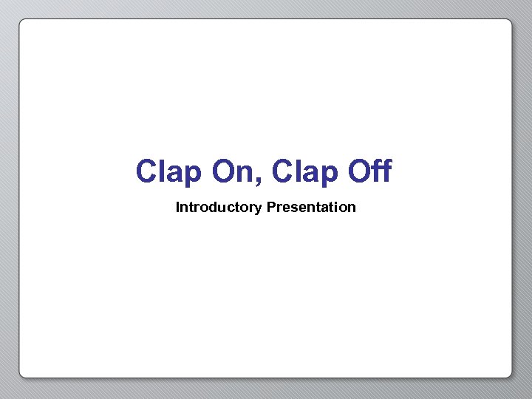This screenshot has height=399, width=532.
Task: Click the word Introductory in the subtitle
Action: [x=219, y=208]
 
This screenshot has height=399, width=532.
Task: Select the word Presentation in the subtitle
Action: [x=311, y=208]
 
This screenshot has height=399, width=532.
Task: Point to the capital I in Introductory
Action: [x=177, y=208]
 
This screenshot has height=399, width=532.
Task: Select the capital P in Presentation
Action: [x=271, y=208]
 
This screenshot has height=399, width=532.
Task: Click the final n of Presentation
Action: [x=352, y=208]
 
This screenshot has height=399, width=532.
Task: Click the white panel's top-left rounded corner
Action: [x=23, y=23]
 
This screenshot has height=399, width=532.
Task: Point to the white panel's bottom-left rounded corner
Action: [x=23, y=374]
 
